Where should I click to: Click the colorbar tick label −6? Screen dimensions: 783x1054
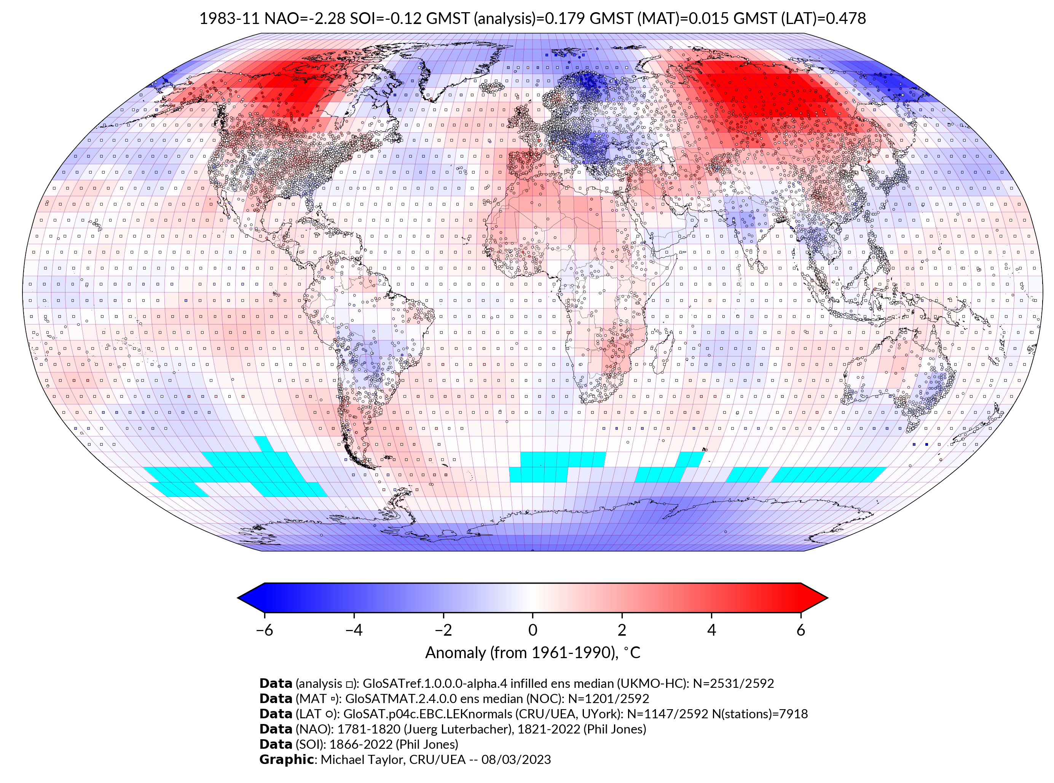click(264, 630)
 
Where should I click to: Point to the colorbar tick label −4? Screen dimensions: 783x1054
click(354, 630)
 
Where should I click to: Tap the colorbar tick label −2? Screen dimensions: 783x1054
click(443, 630)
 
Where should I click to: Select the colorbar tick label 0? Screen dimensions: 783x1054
click(533, 630)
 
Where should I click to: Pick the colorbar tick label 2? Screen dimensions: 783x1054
click(622, 630)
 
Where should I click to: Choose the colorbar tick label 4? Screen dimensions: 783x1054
click(711, 630)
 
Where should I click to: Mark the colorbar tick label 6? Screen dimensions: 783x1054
click(800, 630)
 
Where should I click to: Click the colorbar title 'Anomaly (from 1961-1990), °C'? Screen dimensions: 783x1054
click(533, 653)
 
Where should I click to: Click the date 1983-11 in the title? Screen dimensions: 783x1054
click(229, 19)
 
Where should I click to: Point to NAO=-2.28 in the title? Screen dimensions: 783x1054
click(305, 19)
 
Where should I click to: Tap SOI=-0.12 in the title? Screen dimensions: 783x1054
click(386, 19)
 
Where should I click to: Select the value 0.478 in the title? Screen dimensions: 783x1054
click(845, 19)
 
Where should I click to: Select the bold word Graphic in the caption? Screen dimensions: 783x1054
click(286, 759)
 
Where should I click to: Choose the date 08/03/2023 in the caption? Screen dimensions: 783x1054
click(516, 759)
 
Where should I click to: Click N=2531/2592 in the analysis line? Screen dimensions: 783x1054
click(733, 684)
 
